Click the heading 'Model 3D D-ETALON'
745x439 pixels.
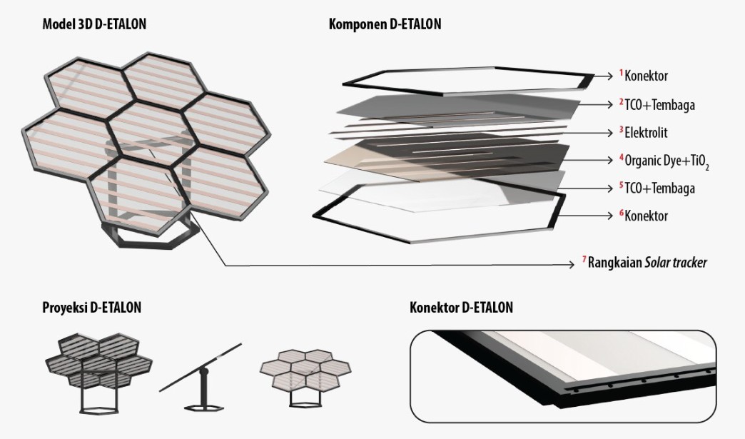(94, 24)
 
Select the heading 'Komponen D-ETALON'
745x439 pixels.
(385, 24)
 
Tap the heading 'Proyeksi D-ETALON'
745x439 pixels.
(92, 308)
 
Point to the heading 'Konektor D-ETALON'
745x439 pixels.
(462, 308)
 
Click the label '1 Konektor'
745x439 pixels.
(644, 76)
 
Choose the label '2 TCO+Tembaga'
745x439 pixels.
(657, 104)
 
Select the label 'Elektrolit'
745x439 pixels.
(646, 133)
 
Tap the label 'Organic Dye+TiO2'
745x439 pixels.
(667, 161)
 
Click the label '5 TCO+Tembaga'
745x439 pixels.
(657, 188)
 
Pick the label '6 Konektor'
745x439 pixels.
(644, 216)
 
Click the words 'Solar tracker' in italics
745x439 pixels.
(676, 262)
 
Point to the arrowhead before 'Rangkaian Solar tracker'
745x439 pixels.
(572, 265)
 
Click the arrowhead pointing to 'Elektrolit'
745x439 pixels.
(610, 133)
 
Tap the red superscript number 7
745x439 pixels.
(584, 259)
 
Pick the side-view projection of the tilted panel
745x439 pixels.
(201, 378)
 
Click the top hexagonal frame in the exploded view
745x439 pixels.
(468, 80)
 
